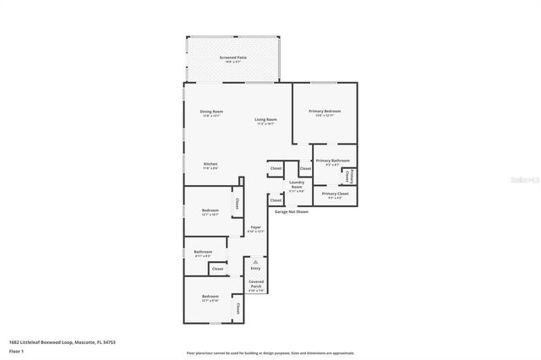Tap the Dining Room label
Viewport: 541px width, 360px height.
pyautogui.click(x=211, y=112)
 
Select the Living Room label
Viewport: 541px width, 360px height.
pyautogui.click(x=266, y=121)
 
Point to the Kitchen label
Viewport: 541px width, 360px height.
pyautogui.click(x=210, y=165)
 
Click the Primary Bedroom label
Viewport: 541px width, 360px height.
pyautogui.click(x=325, y=112)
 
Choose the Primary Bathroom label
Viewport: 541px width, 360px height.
pyautogui.click(x=332, y=161)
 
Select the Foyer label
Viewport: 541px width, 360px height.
pyautogui.click(x=255, y=228)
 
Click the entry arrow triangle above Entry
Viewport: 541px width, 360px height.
pyautogui.click(x=255, y=262)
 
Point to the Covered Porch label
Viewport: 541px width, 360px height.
pyautogui.click(x=256, y=285)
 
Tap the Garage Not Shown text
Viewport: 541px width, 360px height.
pyautogui.click(x=291, y=212)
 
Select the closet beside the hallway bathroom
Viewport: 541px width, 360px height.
pyautogui.click(x=217, y=269)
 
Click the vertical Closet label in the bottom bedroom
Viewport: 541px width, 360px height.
pyautogui.click(x=238, y=308)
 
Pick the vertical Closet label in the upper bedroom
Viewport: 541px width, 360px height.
pyautogui.click(x=238, y=203)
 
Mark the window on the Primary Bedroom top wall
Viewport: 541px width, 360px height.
pyautogui.click(x=324, y=82)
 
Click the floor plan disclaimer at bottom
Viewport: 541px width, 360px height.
pyautogui.click(x=270, y=352)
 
